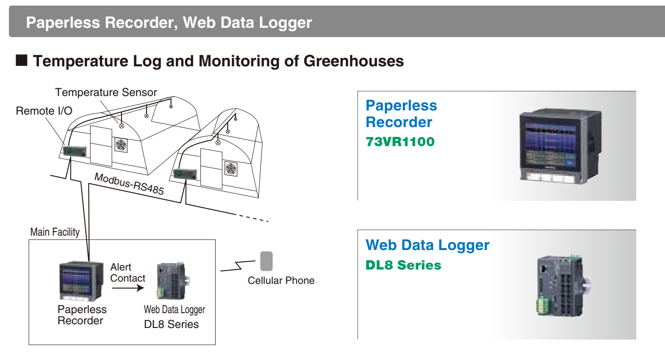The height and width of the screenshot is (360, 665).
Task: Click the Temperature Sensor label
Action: [106, 92]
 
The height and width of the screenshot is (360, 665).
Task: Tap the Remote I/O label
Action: [44, 111]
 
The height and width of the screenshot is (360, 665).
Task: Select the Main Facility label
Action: [55, 232]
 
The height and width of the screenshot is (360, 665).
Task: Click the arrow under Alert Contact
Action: [125, 288]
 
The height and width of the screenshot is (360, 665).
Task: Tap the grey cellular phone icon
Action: [266, 261]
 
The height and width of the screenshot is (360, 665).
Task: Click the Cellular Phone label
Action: [281, 280]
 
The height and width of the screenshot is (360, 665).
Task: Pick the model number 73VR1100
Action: [400, 142]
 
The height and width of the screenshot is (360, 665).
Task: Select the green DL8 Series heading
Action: [403, 265]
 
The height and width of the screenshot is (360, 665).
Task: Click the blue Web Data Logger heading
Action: [427, 245]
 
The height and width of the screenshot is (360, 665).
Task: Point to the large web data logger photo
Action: [560, 285]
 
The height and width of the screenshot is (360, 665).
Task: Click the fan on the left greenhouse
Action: [121, 145]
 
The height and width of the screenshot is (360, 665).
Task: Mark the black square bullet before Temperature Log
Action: [22, 61]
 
